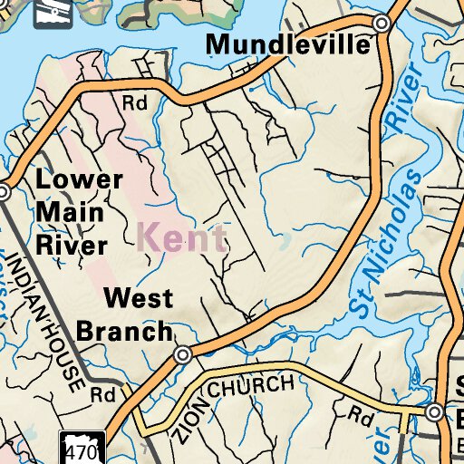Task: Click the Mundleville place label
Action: pyautogui.click(x=289, y=43)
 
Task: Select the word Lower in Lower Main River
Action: pyautogui.click(x=79, y=179)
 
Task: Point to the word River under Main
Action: pyautogui.click(x=72, y=244)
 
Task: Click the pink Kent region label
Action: pyautogui.click(x=182, y=239)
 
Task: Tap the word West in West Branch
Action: pyautogui.click(x=136, y=297)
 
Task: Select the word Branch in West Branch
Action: pyautogui.click(x=123, y=330)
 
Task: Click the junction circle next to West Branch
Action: pyautogui.click(x=182, y=354)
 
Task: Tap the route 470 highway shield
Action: pyautogui.click(x=83, y=449)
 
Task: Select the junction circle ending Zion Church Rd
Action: pyautogui.click(x=434, y=412)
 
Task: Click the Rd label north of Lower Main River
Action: pyautogui.click(x=135, y=103)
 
